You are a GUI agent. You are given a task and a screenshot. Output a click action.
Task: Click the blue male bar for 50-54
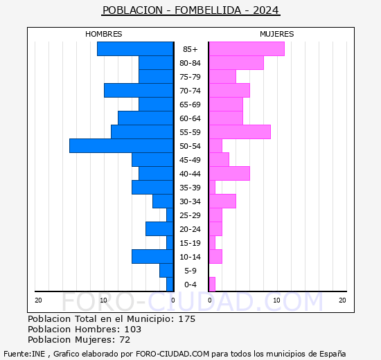pos(121,145)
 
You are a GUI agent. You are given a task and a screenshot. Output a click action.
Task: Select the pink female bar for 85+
pos(246,48)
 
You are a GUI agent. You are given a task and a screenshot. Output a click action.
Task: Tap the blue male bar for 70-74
pos(139,90)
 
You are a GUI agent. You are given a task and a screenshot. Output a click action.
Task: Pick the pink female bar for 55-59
pos(239,132)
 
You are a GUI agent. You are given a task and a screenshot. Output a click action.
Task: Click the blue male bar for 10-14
pos(152,256)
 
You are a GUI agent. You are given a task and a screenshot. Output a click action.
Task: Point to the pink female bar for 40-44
pos(229,173)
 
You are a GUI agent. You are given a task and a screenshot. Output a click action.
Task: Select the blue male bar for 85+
pos(135,48)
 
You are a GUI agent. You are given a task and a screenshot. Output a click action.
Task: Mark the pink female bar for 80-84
pos(236,62)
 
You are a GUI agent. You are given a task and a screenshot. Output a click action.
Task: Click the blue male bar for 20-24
pos(159,228)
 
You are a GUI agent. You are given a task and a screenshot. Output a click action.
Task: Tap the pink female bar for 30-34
pos(222,201)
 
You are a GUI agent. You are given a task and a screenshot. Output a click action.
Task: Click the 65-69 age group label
pos(190,105)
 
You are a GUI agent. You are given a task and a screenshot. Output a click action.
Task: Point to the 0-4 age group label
pos(190,285)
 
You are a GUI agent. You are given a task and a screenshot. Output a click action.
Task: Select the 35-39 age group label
pos(190,188)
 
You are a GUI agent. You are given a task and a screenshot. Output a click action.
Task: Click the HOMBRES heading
pos(104,34)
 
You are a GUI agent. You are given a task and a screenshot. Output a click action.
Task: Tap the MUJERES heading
pos(277,34)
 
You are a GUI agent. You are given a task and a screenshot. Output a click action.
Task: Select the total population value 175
pos(186,319)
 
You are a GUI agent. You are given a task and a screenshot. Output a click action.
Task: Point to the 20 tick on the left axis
pos(39,300)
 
